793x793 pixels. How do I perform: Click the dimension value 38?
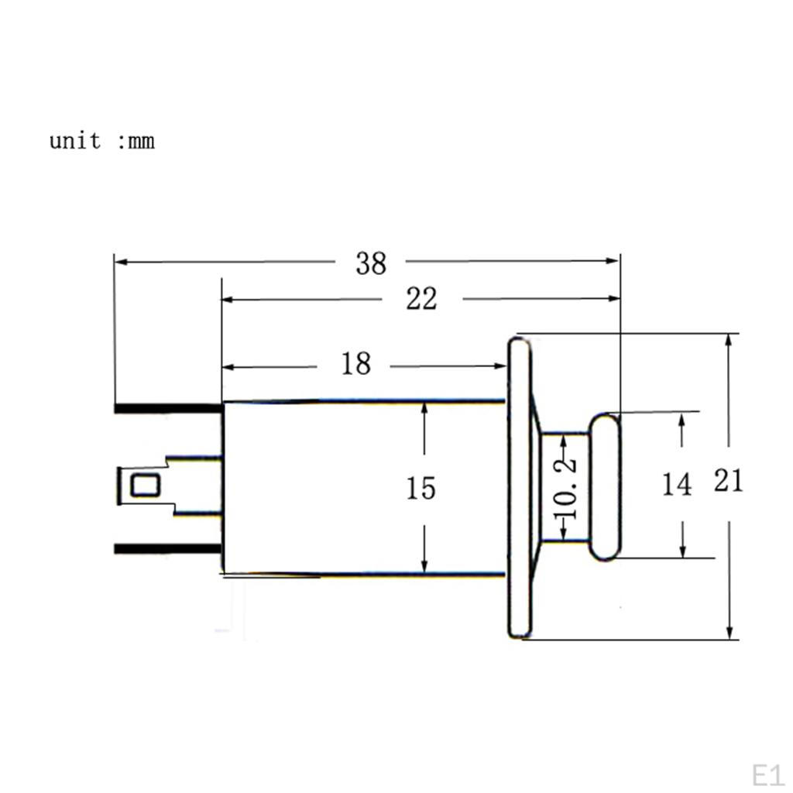click(371, 263)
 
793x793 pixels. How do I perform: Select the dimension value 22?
click(421, 298)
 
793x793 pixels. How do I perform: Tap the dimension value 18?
click(356, 364)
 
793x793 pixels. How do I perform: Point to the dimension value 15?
click(421, 489)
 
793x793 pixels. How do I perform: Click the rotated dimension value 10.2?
click(565, 488)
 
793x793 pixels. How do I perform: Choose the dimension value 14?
click(677, 485)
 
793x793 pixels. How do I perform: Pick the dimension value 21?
click(728, 481)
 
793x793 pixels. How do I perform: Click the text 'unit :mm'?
click(101, 141)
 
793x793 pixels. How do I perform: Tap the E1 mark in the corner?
click(767, 775)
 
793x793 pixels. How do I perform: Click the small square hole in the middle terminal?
click(146, 485)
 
